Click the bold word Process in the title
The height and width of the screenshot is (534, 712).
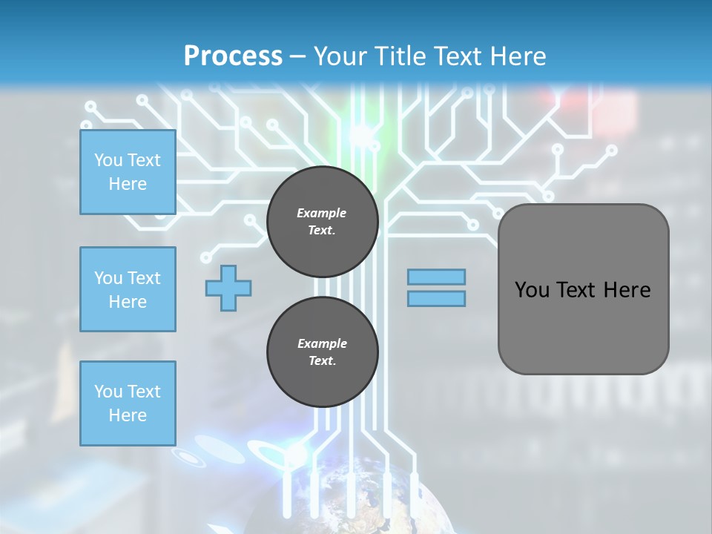point(233,56)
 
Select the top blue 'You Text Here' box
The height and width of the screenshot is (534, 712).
point(128,172)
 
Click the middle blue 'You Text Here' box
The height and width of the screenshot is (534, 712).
point(128,289)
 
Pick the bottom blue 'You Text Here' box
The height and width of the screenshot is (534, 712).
point(128,403)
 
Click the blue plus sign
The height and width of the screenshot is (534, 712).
point(228,288)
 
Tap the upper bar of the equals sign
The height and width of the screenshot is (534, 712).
point(436,277)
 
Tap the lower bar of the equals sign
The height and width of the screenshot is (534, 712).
point(436,298)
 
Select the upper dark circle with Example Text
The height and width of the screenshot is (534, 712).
point(322,222)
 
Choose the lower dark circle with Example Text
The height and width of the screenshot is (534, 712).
point(322,352)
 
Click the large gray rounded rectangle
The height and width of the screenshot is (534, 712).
point(583,326)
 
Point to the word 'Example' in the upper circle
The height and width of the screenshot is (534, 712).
point(321,213)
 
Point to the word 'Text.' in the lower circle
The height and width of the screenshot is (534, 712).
point(322,361)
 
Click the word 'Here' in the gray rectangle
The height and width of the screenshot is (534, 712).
point(627,290)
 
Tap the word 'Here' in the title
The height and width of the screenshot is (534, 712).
point(516,56)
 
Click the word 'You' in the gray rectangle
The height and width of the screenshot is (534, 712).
point(532,290)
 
